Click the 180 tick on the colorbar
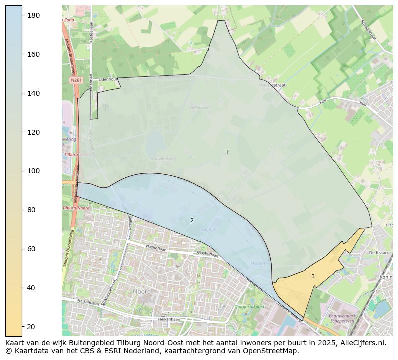click(x=22, y=15)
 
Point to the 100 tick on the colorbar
click(x=22, y=171)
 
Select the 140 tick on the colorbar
click(x=22, y=93)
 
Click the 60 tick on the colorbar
click(x=22, y=249)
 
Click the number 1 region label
click(x=227, y=152)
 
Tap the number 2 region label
click(x=192, y=220)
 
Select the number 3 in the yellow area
click(x=313, y=276)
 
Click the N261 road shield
click(x=76, y=80)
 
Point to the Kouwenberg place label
click(x=163, y=158)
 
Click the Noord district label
click(x=142, y=291)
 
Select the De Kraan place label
click(x=378, y=253)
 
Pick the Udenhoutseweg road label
click(x=113, y=79)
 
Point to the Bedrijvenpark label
click(x=342, y=316)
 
